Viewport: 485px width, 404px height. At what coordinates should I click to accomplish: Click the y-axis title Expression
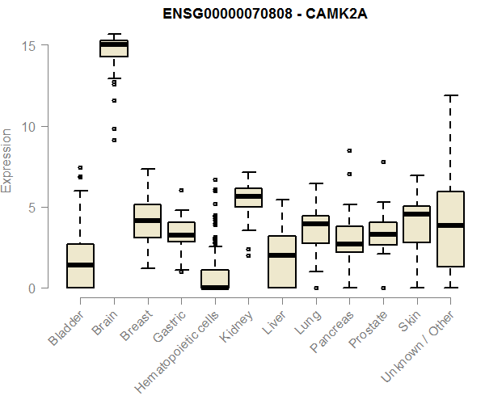tap(7, 161)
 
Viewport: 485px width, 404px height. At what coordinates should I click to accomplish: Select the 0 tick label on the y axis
tap(30, 288)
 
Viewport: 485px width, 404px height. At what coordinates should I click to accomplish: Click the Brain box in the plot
tap(114, 48)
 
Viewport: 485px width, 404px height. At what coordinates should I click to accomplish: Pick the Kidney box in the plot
tap(248, 197)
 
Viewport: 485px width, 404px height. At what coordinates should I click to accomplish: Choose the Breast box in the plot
tap(147, 221)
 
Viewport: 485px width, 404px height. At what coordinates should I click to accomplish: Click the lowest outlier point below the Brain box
tap(114, 140)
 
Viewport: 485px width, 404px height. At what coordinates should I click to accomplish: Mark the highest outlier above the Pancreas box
tap(349, 150)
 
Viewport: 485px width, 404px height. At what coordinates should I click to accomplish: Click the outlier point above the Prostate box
tap(383, 162)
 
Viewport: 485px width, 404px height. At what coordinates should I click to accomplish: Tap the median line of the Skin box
tap(417, 214)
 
